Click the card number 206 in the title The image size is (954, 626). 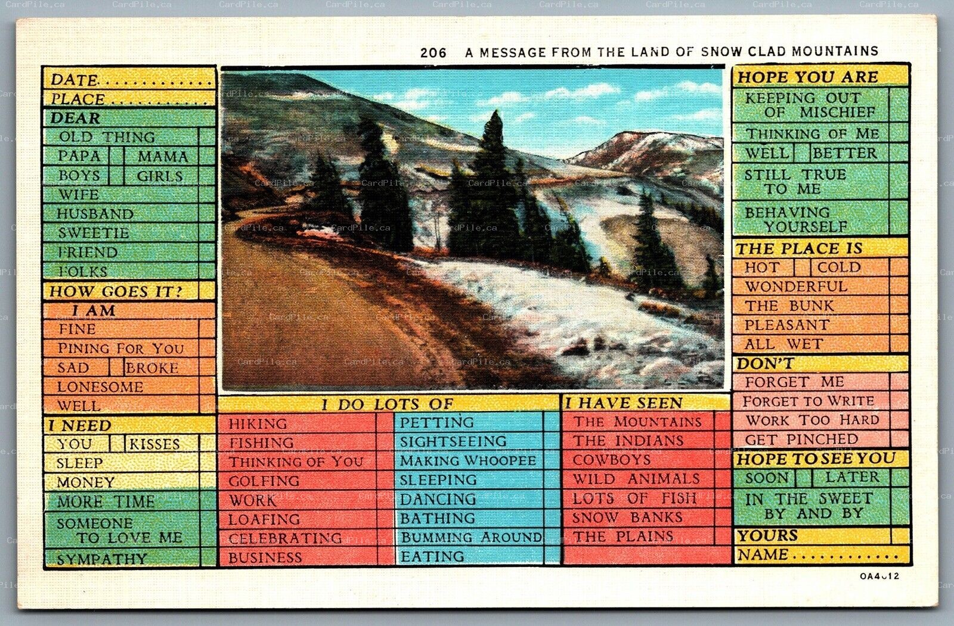433,52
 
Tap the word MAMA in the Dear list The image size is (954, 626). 162,157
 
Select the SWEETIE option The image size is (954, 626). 93,233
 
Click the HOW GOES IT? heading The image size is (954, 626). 115,291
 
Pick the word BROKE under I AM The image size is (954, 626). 152,367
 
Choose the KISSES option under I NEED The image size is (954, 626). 154,444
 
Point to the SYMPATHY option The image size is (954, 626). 101,559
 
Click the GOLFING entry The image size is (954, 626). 264,481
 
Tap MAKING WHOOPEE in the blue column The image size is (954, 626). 468,460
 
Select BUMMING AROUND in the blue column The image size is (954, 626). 471,537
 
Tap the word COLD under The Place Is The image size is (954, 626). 839,267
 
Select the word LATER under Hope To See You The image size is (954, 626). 852,477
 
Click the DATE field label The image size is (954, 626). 74,80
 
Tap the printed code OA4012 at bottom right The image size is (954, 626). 879,576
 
